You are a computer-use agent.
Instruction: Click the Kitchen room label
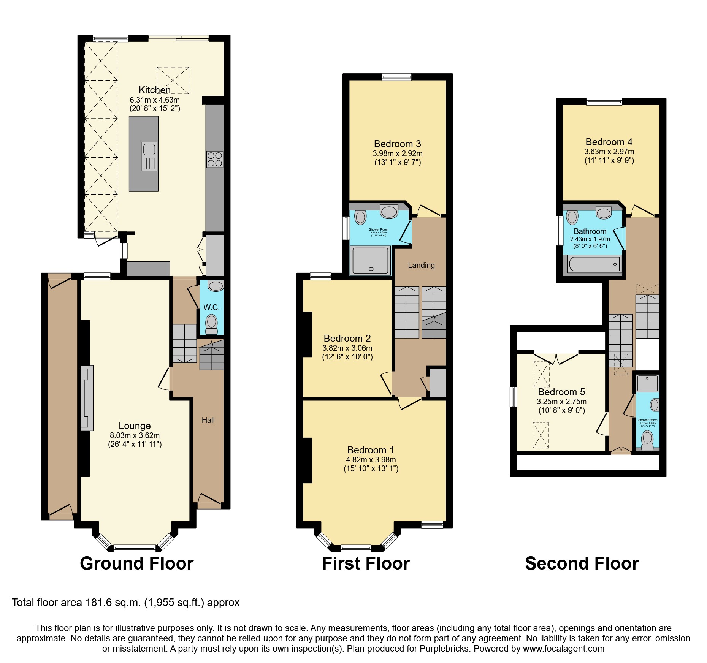[x=154, y=90]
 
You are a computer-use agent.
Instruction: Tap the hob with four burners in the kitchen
[x=215, y=159]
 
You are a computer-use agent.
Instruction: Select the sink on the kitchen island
[x=149, y=156]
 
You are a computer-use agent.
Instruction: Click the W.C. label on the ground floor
[x=211, y=307]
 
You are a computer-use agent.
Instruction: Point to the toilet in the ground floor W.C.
[x=211, y=324]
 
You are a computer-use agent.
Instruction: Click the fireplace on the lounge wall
[x=87, y=398]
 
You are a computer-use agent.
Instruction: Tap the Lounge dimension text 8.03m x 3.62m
[x=135, y=435]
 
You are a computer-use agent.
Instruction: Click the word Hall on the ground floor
[x=208, y=420]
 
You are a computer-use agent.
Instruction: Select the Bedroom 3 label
[x=397, y=144]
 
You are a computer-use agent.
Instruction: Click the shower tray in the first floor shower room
[x=371, y=261]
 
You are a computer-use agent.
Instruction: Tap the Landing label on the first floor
[x=421, y=265]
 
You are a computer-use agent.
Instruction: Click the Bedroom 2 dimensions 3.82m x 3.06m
[x=347, y=348]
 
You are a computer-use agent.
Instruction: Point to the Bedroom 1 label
[x=371, y=450]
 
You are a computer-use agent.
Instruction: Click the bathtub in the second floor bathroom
[x=594, y=264]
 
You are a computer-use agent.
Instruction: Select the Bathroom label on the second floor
[x=590, y=231]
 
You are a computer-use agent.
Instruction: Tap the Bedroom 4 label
[x=609, y=142]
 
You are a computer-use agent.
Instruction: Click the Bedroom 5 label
[x=561, y=392]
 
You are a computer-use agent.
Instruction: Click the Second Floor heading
[x=582, y=563]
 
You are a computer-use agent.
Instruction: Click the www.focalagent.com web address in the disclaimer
[x=563, y=649]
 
